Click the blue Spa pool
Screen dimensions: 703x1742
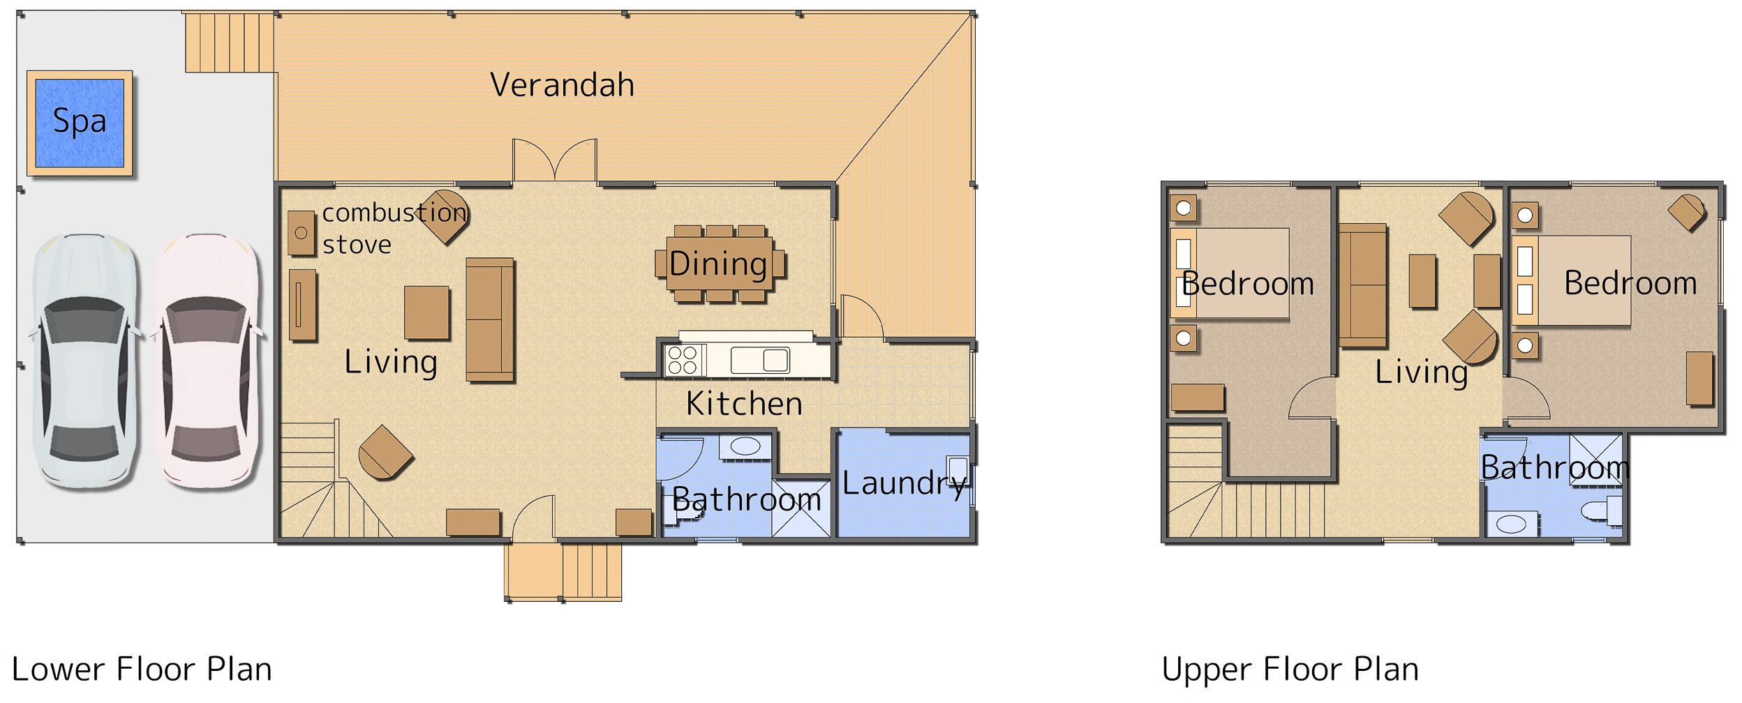click(79, 123)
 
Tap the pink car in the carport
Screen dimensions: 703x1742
click(206, 361)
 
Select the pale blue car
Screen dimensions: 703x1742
click(85, 361)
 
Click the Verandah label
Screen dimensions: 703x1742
click(562, 85)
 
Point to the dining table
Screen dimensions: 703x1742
click(719, 264)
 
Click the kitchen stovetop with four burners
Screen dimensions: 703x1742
click(682, 361)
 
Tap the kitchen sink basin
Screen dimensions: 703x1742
click(775, 360)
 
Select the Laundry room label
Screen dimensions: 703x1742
click(904, 483)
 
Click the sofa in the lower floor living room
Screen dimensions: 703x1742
click(489, 320)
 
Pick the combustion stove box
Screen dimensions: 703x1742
click(301, 233)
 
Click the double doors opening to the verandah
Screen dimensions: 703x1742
click(554, 162)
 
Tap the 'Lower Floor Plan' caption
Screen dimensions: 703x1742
click(142, 670)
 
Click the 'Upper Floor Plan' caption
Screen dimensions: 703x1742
click(1290, 670)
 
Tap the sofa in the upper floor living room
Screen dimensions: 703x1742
click(1362, 285)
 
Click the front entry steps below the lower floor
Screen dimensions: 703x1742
click(563, 571)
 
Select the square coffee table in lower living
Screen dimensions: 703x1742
click(426, 312)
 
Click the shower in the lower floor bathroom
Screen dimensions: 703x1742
click(801, 508)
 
